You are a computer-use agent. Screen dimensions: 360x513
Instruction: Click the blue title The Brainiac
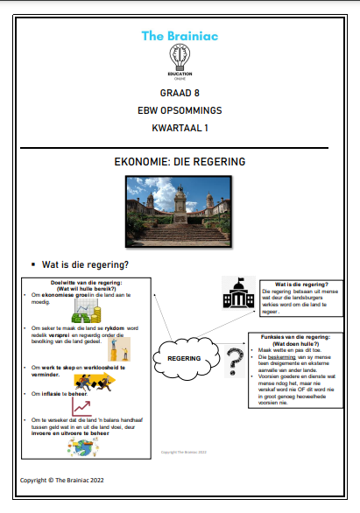180,36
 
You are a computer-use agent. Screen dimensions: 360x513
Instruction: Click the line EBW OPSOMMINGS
180,111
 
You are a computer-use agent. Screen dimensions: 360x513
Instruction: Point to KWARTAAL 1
180,129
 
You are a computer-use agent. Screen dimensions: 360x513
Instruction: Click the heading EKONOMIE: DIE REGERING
180,162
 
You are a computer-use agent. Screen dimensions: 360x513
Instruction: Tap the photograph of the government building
180,209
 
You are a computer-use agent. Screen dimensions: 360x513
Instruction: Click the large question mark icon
233,359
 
